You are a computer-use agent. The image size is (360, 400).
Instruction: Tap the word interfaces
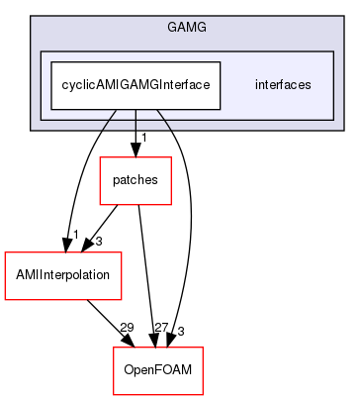tap(283, 85)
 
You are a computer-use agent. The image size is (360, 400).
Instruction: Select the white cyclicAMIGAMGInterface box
tap(135, 85)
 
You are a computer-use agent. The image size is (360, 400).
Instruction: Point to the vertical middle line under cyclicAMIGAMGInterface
tap(135, 120)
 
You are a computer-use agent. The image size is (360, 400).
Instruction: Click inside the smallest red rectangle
tap(135, 181)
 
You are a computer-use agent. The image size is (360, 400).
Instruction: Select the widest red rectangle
tap(63, 275)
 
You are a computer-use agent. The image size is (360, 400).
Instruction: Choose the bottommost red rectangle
tap(158, 370)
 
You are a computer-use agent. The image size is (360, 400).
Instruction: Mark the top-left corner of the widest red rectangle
tap(5, 252)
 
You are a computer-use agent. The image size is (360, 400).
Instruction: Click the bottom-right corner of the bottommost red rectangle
tap(203, 394)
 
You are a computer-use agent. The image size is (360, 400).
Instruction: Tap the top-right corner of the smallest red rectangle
tap(171, 157)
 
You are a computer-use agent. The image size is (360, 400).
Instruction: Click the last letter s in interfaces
tap(309, 85)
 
